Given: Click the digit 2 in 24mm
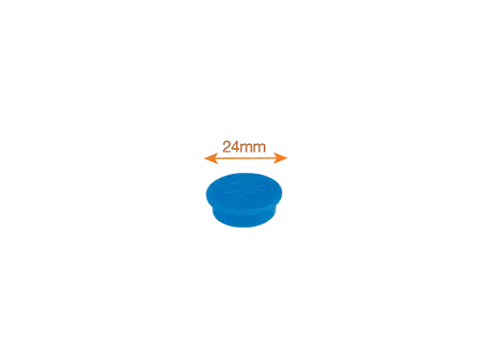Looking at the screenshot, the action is [x=227, y=147].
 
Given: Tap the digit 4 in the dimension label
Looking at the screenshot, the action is [x=235, y=147].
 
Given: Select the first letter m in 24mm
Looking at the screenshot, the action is [x=247, y=148].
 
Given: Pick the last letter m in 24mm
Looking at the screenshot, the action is [x=259, y=148].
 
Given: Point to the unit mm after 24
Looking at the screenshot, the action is [x=253, y=148].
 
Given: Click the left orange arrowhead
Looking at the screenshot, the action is [x=211, y=158].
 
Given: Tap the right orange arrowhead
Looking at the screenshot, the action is [x=280, y=158].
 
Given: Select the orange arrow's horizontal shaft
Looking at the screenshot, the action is [x=246, y=158].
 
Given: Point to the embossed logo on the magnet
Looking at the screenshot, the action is [x=244, y=191].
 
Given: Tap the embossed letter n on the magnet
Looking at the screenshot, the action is [x=228, y=194].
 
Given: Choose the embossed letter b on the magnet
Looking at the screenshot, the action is [x=249, y=190].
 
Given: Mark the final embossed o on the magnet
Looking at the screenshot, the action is [x=260, y=188].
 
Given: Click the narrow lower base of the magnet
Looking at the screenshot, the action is [x=244, y=218].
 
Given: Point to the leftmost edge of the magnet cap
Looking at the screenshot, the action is [x=206, y=194].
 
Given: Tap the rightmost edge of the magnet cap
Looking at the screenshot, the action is [x=282, y=193].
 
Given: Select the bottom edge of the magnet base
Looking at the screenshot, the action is [x=244, y=228].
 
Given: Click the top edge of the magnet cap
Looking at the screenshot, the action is [x=244, y=173].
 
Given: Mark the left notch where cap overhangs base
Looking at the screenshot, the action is [x=212, y=207].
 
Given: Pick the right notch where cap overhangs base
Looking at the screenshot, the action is [x=276, y=206].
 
